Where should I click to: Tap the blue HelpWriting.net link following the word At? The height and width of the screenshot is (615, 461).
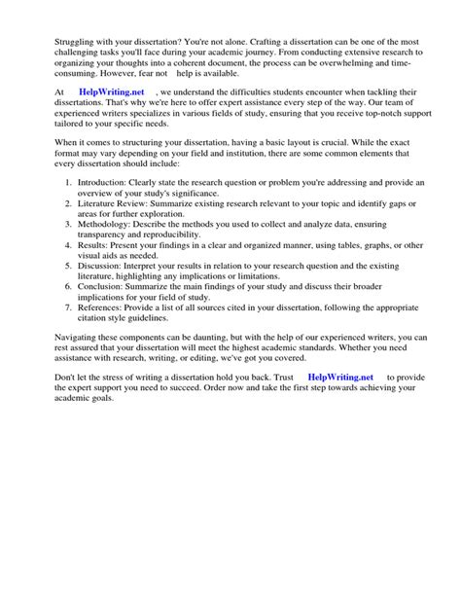(x=111, y=119)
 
